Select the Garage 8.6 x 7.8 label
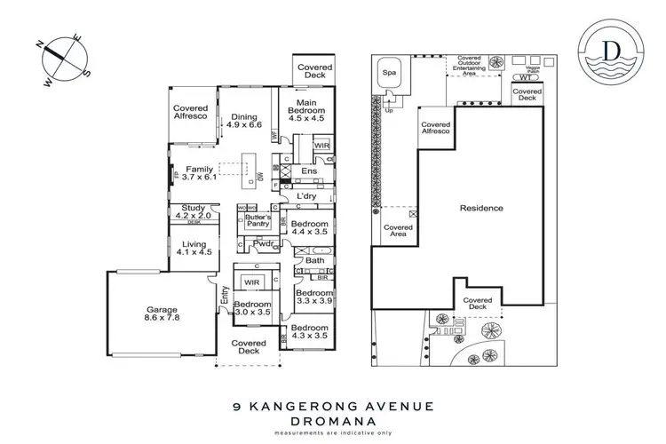click(162, 315)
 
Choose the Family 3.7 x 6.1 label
click(198, 173)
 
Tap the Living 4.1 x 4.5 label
click(193, 248)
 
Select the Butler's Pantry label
click(257, 221)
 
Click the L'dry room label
click(307, 195)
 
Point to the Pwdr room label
click(261, 243)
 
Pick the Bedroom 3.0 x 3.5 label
click(253, 308)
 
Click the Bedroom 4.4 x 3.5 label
click(310, 227)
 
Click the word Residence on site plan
click(480, 209)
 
